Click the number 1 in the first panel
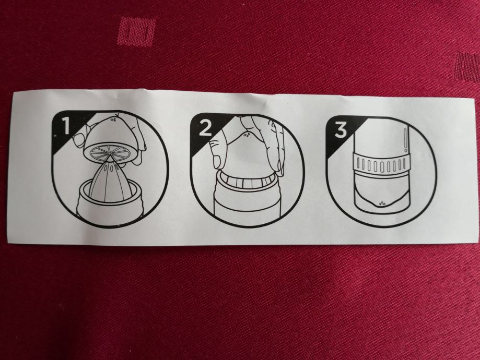(x=66, y=127)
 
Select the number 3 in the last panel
(x=341, y=130)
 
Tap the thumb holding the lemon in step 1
(x=80, y=139)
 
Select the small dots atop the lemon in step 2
(x=247, y=134)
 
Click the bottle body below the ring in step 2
(x=247, y=205)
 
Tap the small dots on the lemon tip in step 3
(x=382, y=202)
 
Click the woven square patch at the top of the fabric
(x=137, y=31)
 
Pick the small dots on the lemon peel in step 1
(x=113, y=118)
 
